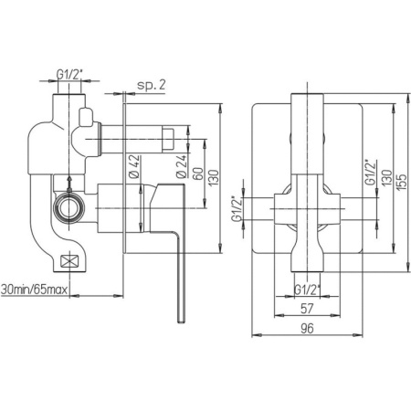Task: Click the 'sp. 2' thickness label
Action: click(152, 85)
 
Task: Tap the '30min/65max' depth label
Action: click(34, 290)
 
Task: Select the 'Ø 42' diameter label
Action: click(134, 166)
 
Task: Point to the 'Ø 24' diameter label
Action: click(181, 166)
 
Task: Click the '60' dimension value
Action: click(198, 174)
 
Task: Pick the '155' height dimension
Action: click(402, 182)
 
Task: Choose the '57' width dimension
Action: click(307, 309)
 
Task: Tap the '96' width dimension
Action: click(307, 329)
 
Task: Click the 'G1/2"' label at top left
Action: click(69, 74)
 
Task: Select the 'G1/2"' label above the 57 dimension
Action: click(308, 290)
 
